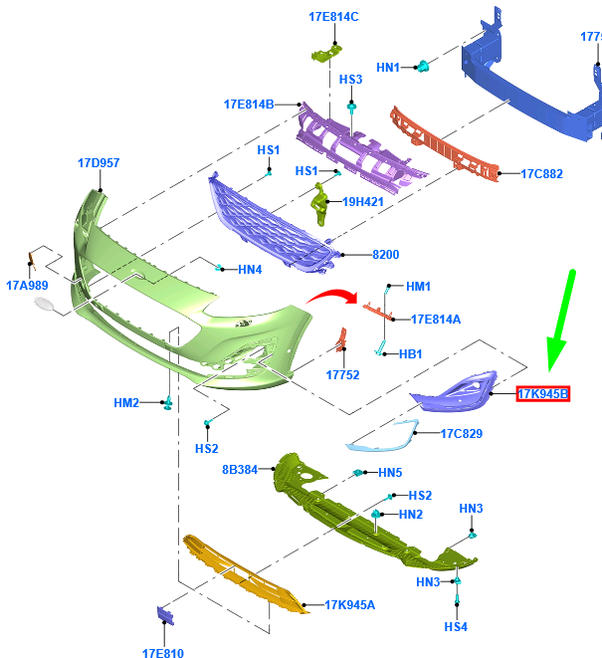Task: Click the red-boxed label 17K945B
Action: [543, 393]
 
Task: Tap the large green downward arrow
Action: [561, 321]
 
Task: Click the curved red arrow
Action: [332, 295]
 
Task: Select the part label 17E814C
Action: [333, 17]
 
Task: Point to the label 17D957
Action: [99, 163]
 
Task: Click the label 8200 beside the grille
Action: [385, 254]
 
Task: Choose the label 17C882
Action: [541, 174]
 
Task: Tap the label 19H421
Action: [363, 202]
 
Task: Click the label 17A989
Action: [27, 286]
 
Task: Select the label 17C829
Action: [462, 433]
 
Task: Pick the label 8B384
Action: [240, 470]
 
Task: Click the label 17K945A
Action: [350, 604]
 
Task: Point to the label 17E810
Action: [163, 653]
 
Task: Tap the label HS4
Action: [456, 626]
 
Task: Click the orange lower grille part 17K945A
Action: [246, 574]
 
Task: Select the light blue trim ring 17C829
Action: [383, 436]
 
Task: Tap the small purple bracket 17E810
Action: [165, 615]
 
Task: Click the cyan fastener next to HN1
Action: [423, 67]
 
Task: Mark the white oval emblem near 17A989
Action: [44, 304]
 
